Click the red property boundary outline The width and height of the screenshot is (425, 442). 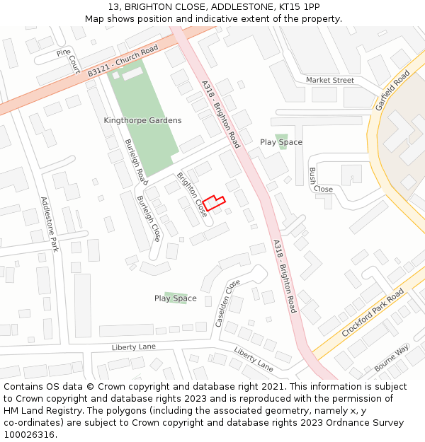pyautogui.click(x=214, y=203)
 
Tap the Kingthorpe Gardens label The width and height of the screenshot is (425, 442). pyautogui.click(x=142, y=120)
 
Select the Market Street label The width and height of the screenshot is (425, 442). pyautogui.click(x=329, y=81)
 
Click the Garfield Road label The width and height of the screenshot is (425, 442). pyautogui.click(x=393, y=91)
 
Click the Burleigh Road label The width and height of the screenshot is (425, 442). pyautogui.click(x=136, y=158)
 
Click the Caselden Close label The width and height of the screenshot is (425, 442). pyautogui.click(x=227, y=303)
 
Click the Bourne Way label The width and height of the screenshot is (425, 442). pyautogui.click(x=392, y=357)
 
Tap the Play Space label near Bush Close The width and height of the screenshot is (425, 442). pyautogui.click(x=280, y=142)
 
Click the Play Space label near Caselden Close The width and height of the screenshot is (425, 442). pyautogui.click(x=175, y=298)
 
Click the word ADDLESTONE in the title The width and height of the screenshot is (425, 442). pyautogui.click(x=215, y=6)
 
